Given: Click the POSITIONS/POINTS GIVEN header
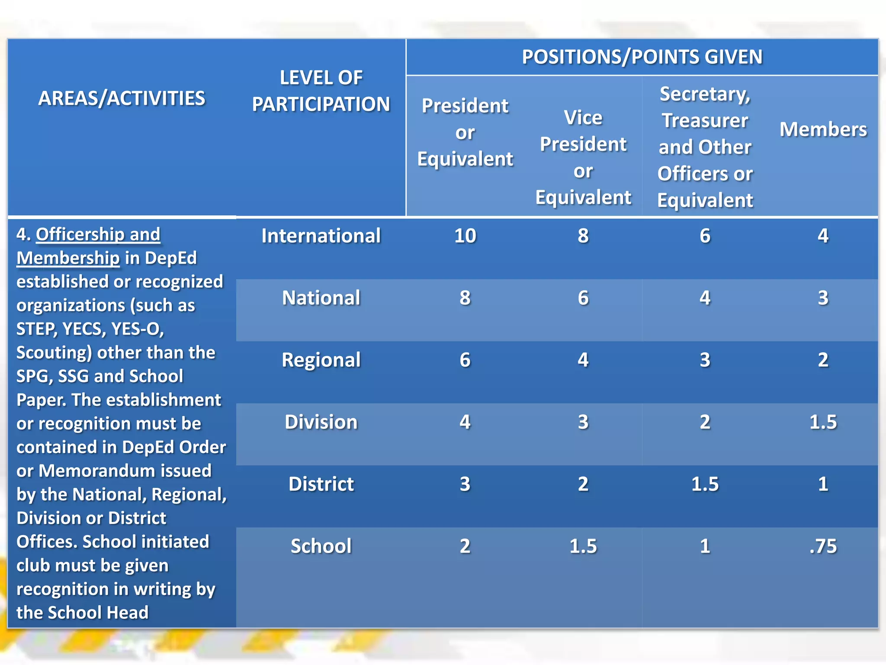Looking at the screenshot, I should tap(642, 57).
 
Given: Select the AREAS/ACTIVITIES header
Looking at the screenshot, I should tap(122, 98).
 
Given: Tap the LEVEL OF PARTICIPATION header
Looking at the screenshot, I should tap(321, 91).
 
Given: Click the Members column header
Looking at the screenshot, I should tap(823, 129).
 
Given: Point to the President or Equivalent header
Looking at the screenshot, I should tap(465, 132).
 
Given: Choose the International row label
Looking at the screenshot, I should tap(321, 236).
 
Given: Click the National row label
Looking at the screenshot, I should tap(321, 298).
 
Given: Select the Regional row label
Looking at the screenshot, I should tap(321, 360).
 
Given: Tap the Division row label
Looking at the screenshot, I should tap(321, 422).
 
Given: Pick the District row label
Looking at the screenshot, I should tap(321, 484).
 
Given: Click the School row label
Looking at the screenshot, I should tap(321, 546).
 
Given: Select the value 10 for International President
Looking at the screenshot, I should tap(465, 236).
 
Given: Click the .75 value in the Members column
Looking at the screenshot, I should tap(823, 546).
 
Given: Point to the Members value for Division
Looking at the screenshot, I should tap(823, 422).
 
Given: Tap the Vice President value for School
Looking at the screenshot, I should tap(583, 546).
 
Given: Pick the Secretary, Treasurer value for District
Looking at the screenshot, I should tap(705, 484).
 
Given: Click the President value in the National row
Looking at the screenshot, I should tap(465, 298).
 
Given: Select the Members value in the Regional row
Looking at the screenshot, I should tap(823, 360).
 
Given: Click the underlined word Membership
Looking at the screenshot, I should tap(68, 258).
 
